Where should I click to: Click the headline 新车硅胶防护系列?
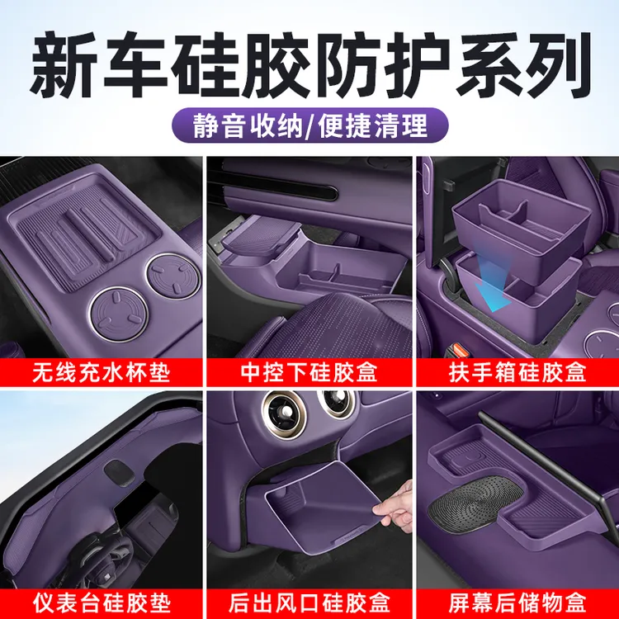coord(309,62)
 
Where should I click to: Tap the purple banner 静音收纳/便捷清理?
coord(309,125)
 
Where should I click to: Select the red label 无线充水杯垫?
coord(102,373)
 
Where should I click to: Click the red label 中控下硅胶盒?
coord(309,373)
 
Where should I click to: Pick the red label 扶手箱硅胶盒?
coord(518,373)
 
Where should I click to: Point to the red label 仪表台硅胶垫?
coord(102,595)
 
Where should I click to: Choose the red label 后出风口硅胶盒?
coord(309,595)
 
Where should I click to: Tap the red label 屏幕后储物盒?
coord(518,595)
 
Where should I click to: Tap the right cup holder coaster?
coord(171,275)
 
